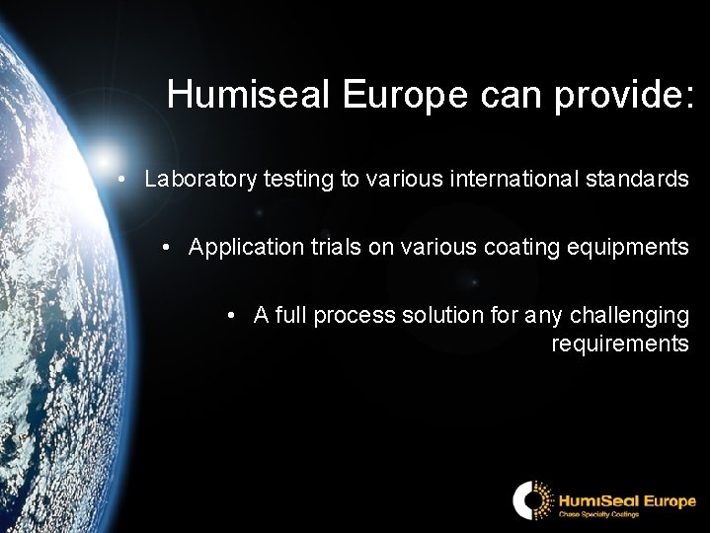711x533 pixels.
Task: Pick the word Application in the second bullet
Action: point(240,248)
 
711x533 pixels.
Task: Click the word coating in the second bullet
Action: point(517,248)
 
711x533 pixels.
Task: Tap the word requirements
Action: point(619,343)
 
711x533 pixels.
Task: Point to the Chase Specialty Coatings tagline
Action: point(599,514)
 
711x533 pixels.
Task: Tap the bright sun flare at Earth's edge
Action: point(107,158)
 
